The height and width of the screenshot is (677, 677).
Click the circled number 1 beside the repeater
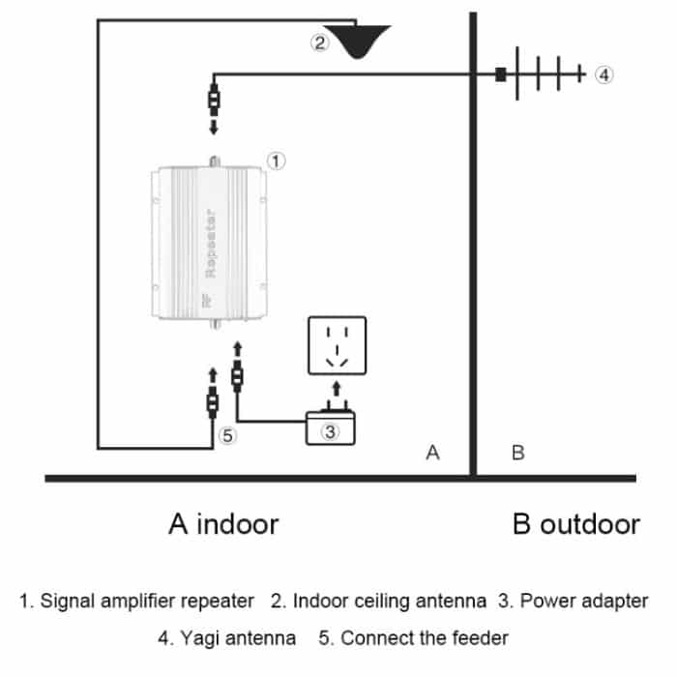[275, 161]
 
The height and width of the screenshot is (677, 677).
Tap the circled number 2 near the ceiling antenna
[320, 43]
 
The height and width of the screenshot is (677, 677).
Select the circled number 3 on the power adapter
[330, 431]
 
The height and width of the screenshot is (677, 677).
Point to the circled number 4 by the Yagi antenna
[603, 74]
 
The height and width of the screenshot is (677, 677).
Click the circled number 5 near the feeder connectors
[227, 435]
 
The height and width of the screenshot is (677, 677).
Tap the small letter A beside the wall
[432, 452]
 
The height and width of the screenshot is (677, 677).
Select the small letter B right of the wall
[516, 452]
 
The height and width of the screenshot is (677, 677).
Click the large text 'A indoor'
[223, 524]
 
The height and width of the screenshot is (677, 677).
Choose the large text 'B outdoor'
[575, 524]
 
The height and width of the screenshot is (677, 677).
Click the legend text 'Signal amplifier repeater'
[146, 601]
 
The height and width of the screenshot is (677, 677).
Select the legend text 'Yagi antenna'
[238, 638]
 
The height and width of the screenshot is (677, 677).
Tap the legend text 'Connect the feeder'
[425, 638]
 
